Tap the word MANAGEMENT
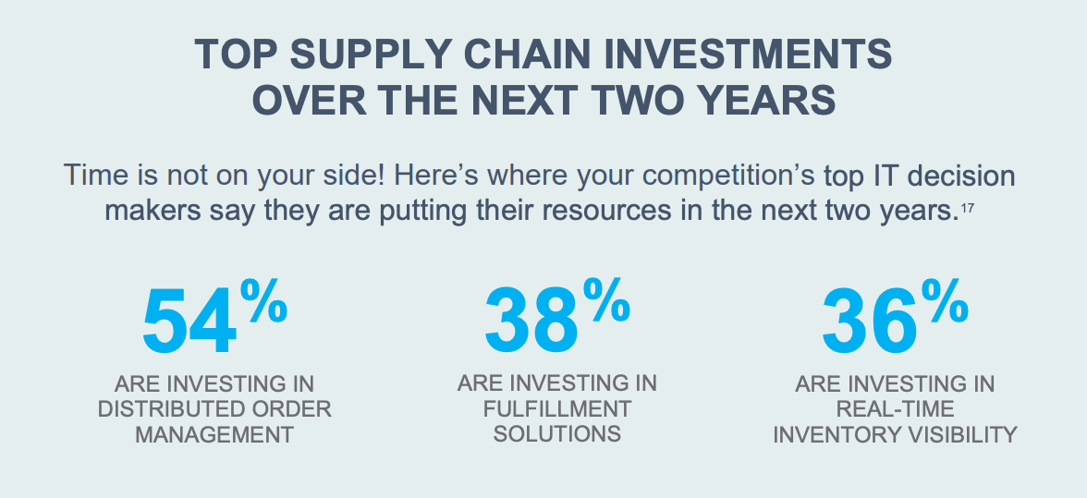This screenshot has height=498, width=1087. click(x=214, y=433)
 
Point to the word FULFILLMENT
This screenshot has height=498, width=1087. click(x=556, y=408)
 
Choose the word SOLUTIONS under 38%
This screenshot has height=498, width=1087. click(x=556, y=433)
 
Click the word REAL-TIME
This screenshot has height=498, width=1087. click(x=895, y=408)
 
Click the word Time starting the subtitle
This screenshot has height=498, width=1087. click(x=95, y=175)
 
